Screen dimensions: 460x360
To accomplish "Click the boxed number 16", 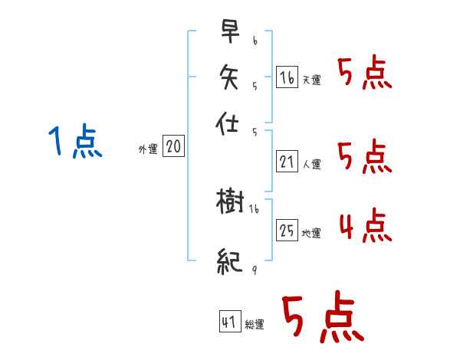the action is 287,77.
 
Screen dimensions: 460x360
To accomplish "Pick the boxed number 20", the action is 173,147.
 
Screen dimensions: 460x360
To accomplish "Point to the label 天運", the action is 311,80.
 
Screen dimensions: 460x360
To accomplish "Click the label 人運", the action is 312,164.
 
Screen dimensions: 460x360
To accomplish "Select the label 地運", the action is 311,233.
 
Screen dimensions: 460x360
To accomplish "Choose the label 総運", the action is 255,325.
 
